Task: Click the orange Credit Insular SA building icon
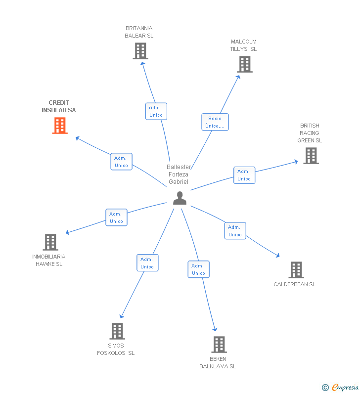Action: point(60,126)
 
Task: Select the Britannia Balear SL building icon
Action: point(140,51)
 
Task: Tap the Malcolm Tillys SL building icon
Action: point(244,64)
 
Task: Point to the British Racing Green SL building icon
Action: point(311,156)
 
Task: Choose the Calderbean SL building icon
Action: point(296,270)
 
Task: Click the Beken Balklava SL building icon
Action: point(219,345)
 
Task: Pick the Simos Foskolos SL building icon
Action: point(117,331)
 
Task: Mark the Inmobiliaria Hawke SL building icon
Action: point(50,242)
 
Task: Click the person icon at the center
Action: point(180,198)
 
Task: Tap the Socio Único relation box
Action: point(215,122)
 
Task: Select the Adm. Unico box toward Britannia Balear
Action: point(156,111)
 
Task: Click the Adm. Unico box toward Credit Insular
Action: point(121,162)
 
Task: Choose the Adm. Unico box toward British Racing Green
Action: point(244,175)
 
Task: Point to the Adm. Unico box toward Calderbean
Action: point(235,231)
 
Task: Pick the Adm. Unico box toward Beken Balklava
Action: point(198,269)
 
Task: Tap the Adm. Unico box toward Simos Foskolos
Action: point(147,263)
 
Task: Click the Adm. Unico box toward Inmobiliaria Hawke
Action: point(116,218)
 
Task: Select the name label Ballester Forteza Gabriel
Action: point(179,175)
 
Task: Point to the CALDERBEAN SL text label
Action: point(295,284)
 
